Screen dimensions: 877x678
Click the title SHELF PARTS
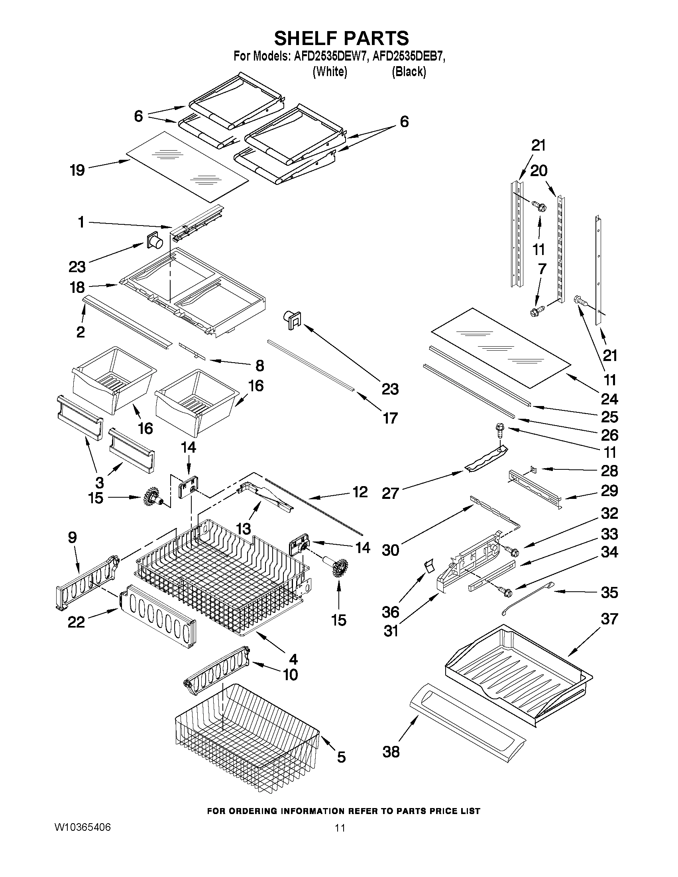342,39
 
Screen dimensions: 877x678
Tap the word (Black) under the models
409,72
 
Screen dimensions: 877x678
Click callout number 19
77,170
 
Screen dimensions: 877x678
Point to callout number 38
391,751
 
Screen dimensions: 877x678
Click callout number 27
390,493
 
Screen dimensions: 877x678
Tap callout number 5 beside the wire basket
341,757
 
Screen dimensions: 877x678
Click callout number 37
609,619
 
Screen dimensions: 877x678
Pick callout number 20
538,171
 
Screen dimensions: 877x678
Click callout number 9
72,537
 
